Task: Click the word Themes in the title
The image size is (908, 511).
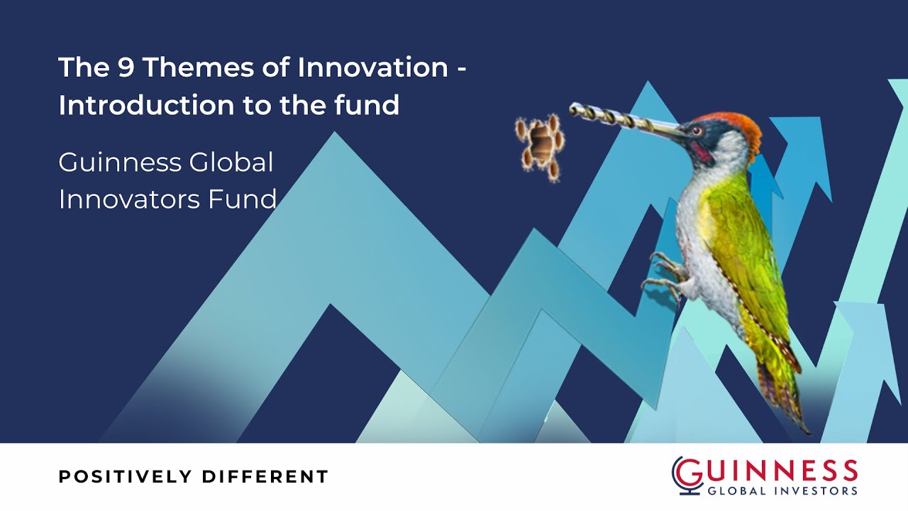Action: pos(183,68)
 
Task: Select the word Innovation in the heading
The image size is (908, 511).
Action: pos(373,68)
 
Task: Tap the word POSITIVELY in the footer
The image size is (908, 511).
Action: pos(125,477)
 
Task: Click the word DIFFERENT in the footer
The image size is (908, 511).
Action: pos(265,477)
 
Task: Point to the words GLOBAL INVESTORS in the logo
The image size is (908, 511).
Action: pos(782,490)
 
